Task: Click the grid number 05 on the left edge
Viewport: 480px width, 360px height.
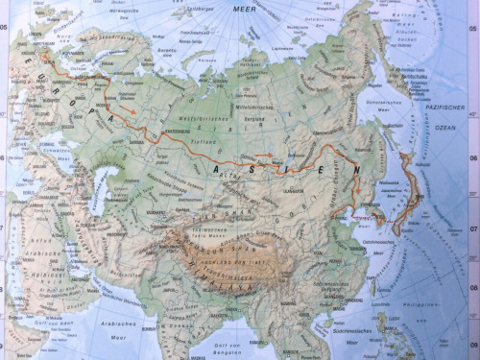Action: point(5,28)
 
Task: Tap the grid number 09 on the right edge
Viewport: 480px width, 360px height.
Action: point(473,342)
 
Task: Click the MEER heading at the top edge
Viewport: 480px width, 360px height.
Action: point(247,7)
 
